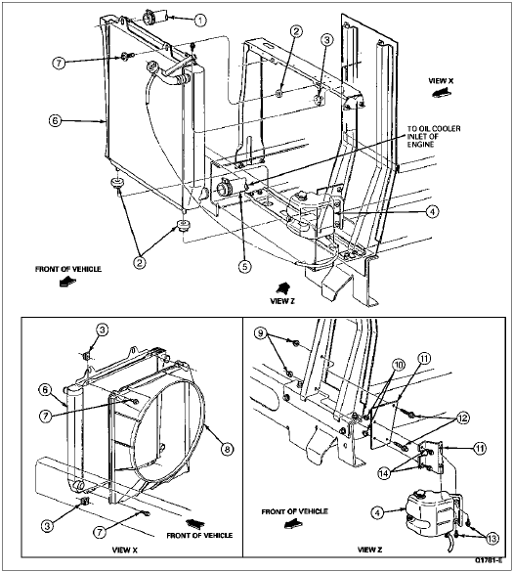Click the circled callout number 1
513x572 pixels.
(x=199, y=21)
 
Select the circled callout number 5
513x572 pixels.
(x=244, y=267)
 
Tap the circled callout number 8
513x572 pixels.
(x=227, y=449)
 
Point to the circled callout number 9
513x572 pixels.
(x=260, y=333)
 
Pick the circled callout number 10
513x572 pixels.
(x=400, y=365)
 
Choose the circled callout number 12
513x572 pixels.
(x=463, y=418)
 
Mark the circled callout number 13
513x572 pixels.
(x=492, y=539)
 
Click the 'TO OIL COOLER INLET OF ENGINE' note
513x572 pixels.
(x=434, y=137)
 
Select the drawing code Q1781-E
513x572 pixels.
(x=489, y=560)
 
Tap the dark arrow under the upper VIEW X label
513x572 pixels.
(x=440, y=94)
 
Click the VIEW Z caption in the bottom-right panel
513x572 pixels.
(x=369, y=550)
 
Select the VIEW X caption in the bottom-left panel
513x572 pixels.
(x=125, y=550)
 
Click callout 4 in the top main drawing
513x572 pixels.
(x=432, y=211)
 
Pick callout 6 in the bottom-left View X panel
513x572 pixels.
(x=45, y=389)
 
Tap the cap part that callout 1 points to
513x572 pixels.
(x=154, y=18)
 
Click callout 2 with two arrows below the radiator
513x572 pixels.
(x=140, y=262)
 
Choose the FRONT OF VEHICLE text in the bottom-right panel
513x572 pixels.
(x=294, y=511)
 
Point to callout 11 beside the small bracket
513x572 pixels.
(x=480, y=448)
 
